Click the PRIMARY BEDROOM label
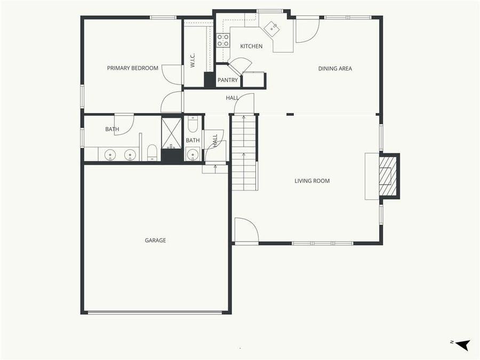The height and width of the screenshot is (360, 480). click(x=132, y=68)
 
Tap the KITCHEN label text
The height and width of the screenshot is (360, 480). click(x=251, y=46)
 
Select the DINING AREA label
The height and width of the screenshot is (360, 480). click(x=335, y=68)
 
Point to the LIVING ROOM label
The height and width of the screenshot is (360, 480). click(x=312, y=181)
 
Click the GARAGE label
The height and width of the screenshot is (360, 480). click(x=155, y=241)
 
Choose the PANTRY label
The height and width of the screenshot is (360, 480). click(x=228, y=81)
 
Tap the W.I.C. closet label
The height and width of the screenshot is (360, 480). click(x=193, y=59)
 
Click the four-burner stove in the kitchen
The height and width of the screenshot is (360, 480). click(x=223, y=40)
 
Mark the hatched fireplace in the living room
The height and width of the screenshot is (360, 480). click(x=388, y=175)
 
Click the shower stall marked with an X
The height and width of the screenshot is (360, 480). click(x=172, y=133)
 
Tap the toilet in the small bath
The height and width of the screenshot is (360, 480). click(x=193, y=124)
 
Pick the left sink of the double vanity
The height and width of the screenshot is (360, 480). click(x=110, y=155)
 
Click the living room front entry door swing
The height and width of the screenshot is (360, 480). click(x=246, y=230)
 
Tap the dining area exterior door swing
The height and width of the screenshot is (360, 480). click(x=307, y=30)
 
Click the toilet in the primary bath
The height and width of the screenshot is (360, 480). click(x=152, y=153)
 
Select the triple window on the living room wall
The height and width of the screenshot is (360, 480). click(x=322, y=243)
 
